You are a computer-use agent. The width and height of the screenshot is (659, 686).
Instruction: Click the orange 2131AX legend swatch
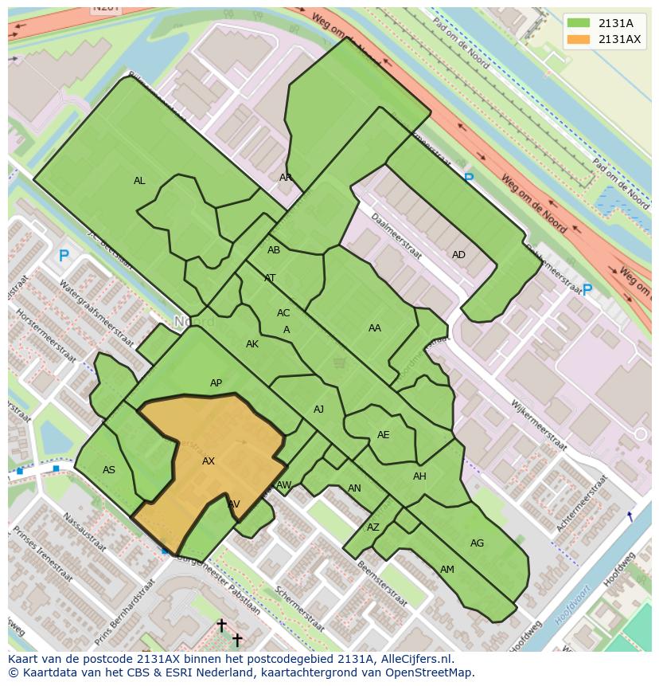click(580, 40)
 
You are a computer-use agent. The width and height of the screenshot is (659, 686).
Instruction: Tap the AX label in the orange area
click(209, 461)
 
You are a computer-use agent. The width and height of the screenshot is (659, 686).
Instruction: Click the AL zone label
click(139, 181)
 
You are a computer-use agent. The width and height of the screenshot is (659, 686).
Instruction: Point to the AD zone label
click(458, 255)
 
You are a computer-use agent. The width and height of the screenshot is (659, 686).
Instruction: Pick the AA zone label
click(375, 327)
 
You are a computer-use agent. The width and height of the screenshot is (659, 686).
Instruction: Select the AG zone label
click(477, 543)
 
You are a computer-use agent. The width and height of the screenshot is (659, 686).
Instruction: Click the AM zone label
click(447, 569)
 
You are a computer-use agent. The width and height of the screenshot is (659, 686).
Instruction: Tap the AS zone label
click(109, 470)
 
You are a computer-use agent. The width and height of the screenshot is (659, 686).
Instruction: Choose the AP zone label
click(216, 383)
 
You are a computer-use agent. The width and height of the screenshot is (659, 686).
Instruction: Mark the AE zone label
click(384, 435)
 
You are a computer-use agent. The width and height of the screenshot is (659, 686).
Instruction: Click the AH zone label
click(419, 476)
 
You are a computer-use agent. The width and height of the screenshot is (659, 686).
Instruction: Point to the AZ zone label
click(373, 527)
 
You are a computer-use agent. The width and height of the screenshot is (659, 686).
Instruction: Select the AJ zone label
click(318, 410)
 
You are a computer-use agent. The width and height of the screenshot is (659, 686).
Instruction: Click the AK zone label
click(252, 344)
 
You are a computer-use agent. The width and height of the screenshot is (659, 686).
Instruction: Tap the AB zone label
click(274, 250)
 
